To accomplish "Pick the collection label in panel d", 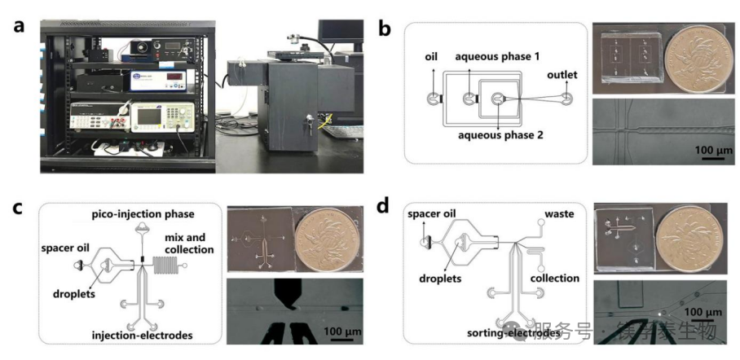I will [x=554, y=279].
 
